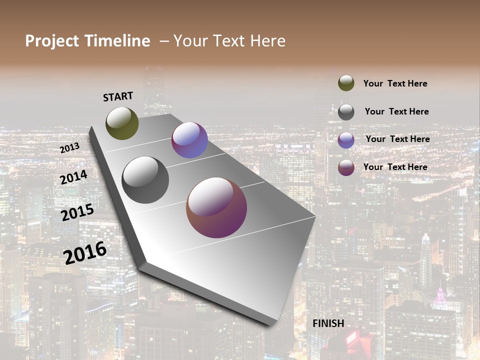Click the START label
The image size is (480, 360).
tap(118, 96)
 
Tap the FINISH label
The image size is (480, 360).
tap(328, 323)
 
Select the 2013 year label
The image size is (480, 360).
tap(69, 148)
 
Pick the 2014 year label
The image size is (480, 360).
tap(73, 177)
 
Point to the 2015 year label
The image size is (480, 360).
tap(77, 212)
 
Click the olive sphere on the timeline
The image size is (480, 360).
tap(122, 123)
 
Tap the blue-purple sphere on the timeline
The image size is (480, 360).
tap(189, 140)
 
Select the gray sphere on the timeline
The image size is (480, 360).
tap(145, 179)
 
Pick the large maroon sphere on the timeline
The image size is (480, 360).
tap(216, 207)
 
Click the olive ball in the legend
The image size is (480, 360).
tap(346, 83)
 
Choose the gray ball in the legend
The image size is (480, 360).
tap(346, 112)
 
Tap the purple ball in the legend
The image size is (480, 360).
tap(346, 140)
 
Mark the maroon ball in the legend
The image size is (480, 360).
tap(346, 167)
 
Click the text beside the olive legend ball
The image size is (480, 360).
tap(395, 84)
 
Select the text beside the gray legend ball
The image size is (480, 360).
tap(396, 111)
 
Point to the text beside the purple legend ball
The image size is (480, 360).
tap(397, 139)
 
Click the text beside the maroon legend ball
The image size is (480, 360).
tap(395, 167)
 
